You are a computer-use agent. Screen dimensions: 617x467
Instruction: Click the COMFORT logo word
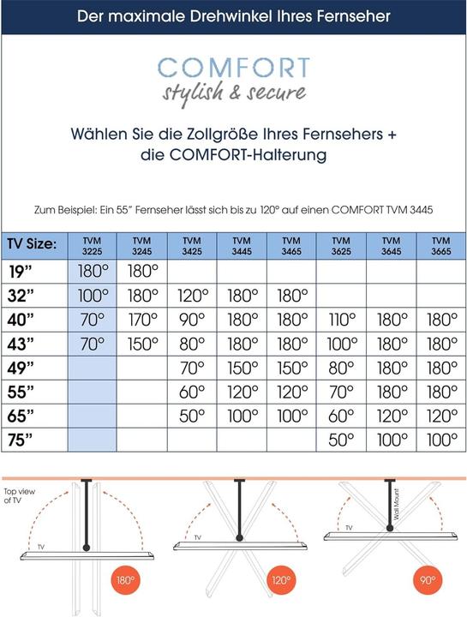pos(233,68)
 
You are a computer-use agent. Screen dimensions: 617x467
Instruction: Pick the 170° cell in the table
pos(142,320)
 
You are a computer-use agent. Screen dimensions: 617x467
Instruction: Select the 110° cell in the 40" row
pos(341,320)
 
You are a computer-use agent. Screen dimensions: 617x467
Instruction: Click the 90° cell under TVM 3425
pos(193,320)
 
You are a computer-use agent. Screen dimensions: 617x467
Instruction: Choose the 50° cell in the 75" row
pos(341,439)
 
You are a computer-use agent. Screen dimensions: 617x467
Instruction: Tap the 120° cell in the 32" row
pos(193,297)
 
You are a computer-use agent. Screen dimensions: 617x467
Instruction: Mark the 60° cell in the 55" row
pos(193,392)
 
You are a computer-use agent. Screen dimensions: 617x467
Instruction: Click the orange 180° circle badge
pos(125,579)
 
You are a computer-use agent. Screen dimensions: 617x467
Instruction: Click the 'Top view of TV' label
pos(19,496)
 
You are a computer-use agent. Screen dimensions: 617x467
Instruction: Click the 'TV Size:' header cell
pos(33,245)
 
